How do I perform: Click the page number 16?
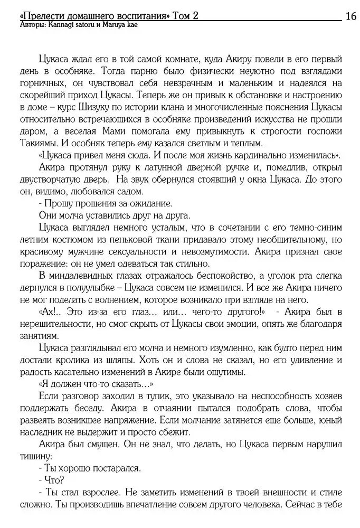[x=350, y=16]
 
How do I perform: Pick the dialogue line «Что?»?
[x=54, y=481]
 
